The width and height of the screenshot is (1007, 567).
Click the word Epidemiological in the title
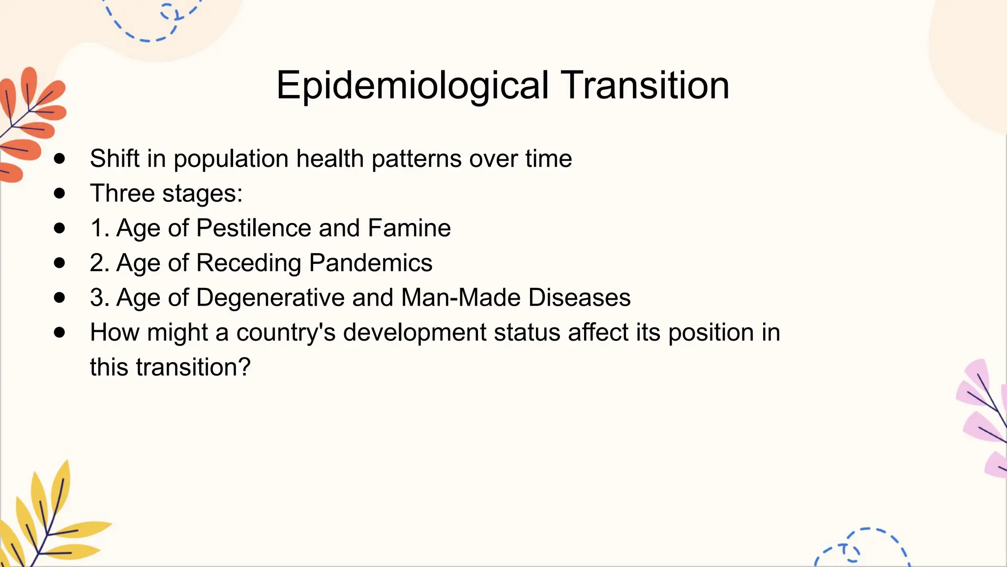coord(412,86)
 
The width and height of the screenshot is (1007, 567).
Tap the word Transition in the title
coord(645,86)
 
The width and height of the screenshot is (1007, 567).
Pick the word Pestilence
coord(253,228)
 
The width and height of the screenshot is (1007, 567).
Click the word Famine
coord(409,228)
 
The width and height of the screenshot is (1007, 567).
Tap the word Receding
coord(249,263)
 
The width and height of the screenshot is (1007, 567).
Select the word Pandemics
coord(371,263)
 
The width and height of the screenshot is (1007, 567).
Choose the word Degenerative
coord(270,298)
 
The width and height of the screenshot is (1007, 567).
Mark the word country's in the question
coord(286,332)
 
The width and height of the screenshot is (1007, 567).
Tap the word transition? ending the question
coord(193,367)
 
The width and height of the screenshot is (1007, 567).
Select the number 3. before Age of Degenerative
coord(99,298)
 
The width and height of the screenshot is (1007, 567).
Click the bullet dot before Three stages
coord(59,193)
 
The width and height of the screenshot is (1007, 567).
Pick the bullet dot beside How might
coord(59,332)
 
